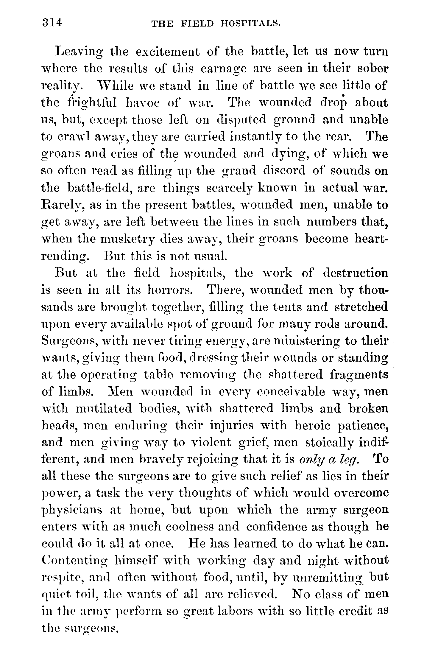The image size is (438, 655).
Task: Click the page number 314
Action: pos(52,23)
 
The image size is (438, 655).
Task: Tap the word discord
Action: pos(284,171)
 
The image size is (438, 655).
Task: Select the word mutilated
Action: pos(104,409)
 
